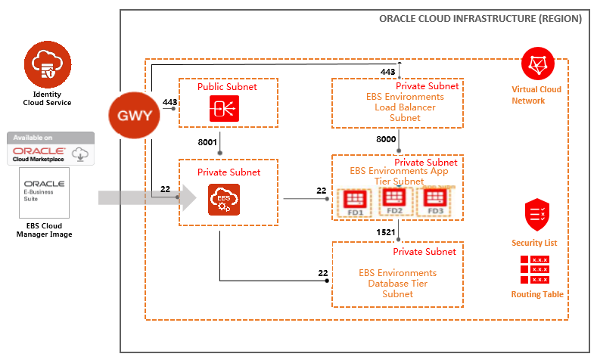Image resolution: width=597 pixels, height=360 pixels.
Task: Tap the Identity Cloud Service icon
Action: click(x=48, y=67)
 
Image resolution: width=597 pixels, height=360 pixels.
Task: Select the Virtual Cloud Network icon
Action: click(x=538, y=66)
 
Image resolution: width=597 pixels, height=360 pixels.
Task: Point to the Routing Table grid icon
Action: click(x=534, y=269)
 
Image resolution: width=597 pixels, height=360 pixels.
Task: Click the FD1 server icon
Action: click(x=355, y=201)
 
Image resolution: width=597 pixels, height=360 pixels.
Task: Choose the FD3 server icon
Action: click(x=434, y=201)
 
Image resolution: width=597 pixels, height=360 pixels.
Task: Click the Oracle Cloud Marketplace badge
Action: click(x=50, y=148)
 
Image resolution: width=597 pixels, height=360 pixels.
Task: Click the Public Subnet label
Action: click(x=227, y=86)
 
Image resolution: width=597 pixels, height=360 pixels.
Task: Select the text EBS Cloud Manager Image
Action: click(x=51, y=229)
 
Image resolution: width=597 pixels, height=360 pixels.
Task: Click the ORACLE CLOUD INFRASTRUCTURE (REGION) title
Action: click(x=480, y=19)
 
